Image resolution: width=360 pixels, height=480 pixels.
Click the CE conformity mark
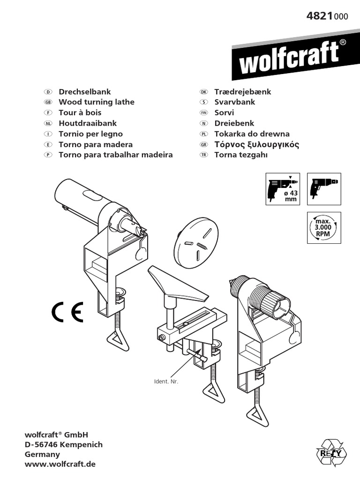[x=67, y=311]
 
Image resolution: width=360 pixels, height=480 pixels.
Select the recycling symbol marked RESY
[x=331, y=453]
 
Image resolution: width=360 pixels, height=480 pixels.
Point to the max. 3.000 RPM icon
[x=324, y=227]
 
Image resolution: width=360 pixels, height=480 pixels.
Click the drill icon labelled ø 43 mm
[x=283, y=189]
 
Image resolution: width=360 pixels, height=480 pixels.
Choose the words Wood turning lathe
[x=96, y=102]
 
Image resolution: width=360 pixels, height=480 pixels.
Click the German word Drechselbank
[x=84, y=91]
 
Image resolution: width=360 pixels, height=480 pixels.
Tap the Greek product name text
[x=256, y=144]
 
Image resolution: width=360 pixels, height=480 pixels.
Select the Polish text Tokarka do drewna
[x=252, y=134]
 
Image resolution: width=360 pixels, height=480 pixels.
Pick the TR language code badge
[x=203, y=155]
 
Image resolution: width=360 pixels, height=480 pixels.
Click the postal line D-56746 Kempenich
[x=63, y=444]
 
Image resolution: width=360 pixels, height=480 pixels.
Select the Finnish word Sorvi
[x=224, y=112]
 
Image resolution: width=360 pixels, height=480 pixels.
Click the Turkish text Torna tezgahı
[x=240, y=155]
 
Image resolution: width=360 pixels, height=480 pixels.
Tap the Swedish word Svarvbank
[x=234, y=102]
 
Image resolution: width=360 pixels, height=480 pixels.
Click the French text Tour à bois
[x=80, y=112]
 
